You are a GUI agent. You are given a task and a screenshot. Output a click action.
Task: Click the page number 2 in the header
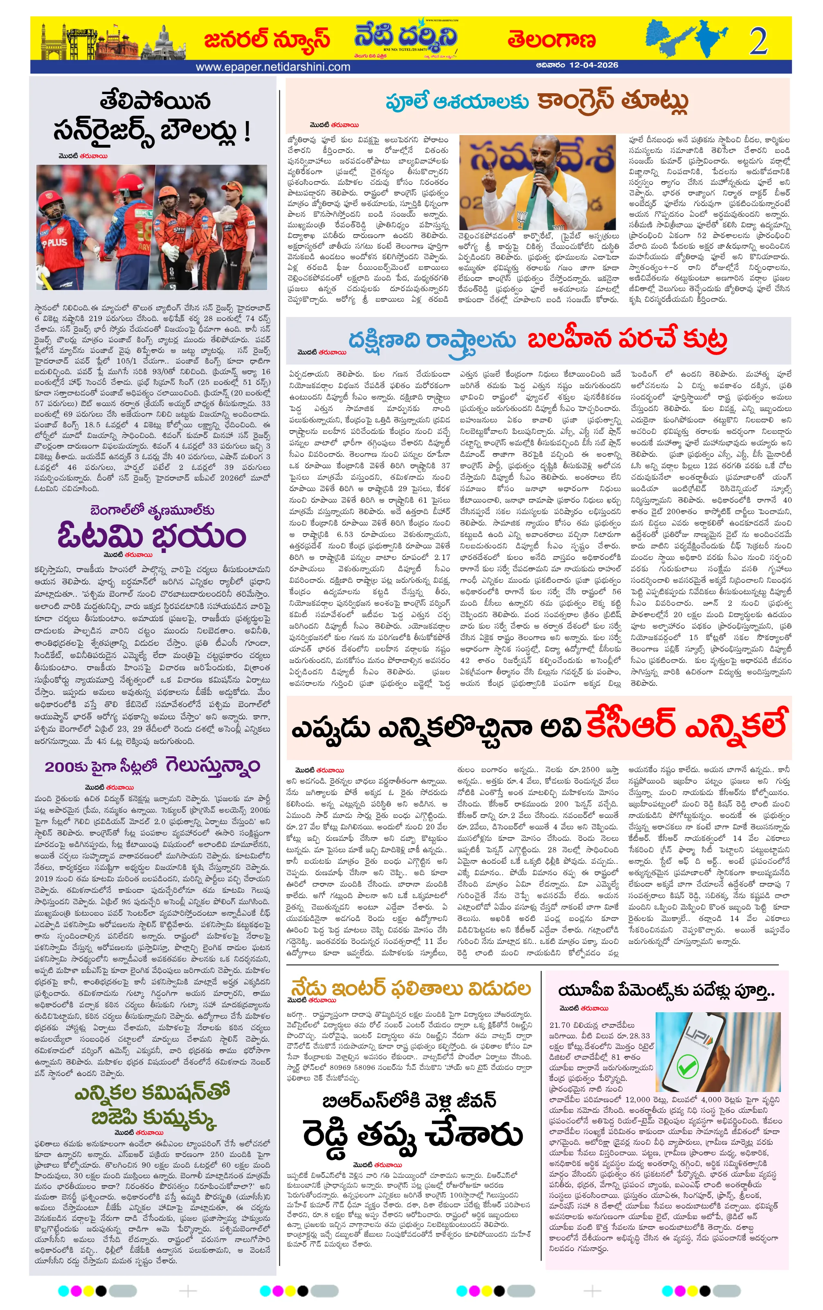click(758, 41)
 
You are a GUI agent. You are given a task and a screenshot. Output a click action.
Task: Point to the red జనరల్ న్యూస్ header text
click(267, 40)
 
